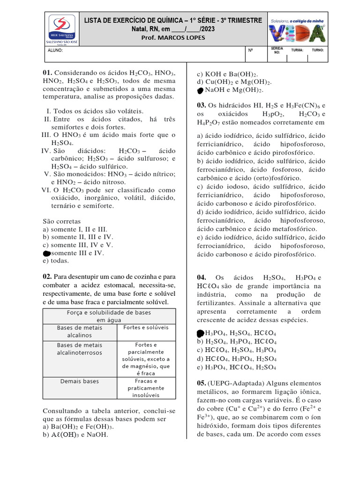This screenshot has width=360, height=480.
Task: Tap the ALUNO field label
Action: coord(55,50)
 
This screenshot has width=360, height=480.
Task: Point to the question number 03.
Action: coord(202,105)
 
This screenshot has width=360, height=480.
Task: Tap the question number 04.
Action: coord(202,278)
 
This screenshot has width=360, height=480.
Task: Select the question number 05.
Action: coord(202,383)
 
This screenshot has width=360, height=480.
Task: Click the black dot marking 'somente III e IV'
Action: coord(46,253)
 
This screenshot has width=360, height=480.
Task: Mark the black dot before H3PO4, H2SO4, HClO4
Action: coord(200,333)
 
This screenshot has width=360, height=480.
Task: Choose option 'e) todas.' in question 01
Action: coord(56,261)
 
